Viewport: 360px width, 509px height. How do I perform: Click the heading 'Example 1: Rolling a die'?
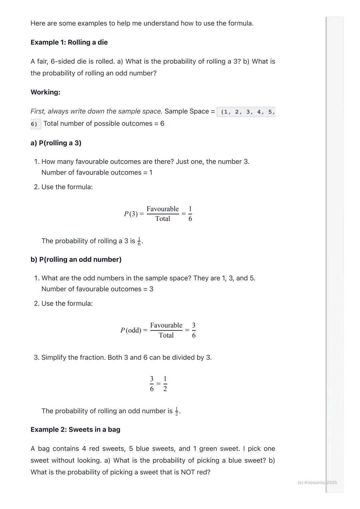[69, 42]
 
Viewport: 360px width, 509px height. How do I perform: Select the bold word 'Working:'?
[45, 92]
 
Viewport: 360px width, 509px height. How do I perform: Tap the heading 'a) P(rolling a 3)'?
[56, 143]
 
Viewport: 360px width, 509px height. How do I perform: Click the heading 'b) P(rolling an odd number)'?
[76, 259]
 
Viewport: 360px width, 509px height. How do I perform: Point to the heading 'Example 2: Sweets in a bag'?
[75, 430]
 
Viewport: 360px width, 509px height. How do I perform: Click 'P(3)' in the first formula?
[131, 214]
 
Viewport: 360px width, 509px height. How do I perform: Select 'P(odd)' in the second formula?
[131, 330]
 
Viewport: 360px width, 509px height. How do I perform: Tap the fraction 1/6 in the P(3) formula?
[190, 214]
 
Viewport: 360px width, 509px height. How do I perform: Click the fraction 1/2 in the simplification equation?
[165, 384]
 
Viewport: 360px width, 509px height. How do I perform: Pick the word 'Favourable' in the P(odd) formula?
[166, 325]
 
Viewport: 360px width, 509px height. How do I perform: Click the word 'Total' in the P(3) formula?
[163, 219]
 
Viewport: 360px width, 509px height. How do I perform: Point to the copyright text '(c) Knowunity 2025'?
[317, 483]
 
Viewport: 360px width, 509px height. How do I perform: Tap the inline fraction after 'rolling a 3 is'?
[139, 242]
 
